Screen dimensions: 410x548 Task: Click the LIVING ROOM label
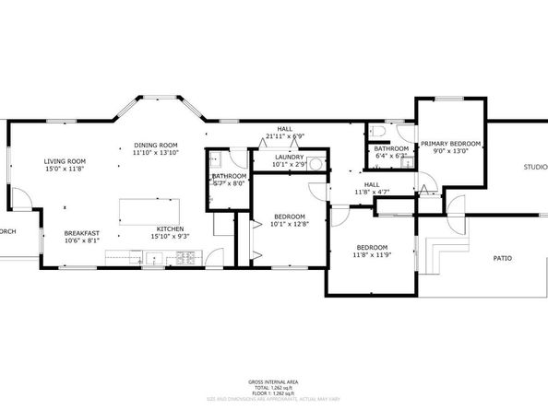65,161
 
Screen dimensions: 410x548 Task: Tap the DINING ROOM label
155,145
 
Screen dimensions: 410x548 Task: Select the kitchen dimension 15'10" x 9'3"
170,237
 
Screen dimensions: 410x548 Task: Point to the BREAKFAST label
81,234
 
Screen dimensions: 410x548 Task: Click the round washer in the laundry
316,164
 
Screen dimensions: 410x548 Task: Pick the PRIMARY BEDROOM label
451,144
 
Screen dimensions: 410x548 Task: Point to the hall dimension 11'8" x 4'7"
372,192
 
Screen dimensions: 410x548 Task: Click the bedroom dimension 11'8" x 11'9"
372,255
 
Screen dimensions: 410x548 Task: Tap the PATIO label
502,259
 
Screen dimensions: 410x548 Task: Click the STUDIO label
534,167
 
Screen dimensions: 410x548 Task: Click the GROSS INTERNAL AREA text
274,381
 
